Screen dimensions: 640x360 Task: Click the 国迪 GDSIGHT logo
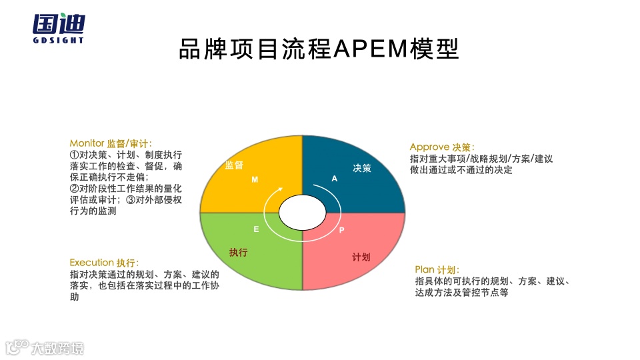click(x=59, y=27)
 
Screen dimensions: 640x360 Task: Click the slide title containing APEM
click(x=319, y=49)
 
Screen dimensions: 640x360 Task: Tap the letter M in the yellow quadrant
click(x=254, y=180)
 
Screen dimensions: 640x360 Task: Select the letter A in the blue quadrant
click(x=335, y=179)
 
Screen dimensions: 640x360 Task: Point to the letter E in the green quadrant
click(x=256, y=229)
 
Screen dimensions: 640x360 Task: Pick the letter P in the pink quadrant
click(x=342, y=230)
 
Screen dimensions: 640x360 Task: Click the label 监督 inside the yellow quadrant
click(x=234, y=165)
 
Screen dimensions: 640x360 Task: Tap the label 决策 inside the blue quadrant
click(x=362, y=168)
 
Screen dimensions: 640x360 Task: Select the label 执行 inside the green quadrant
click(x=239, y=252)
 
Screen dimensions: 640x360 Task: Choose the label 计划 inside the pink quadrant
click(x=361, y=257)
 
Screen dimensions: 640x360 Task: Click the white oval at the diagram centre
click(x=303, y=212)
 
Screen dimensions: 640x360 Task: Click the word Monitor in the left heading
click(x=87, y=143)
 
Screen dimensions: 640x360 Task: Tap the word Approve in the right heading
click(x=429, y=147)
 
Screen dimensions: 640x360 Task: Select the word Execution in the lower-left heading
click(x=92, y=263)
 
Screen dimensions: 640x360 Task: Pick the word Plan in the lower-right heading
click(x=425, y=269)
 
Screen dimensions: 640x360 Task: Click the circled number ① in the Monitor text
click(x=75, y=154)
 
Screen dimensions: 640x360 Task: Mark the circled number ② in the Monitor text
click(x=75, y=188)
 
